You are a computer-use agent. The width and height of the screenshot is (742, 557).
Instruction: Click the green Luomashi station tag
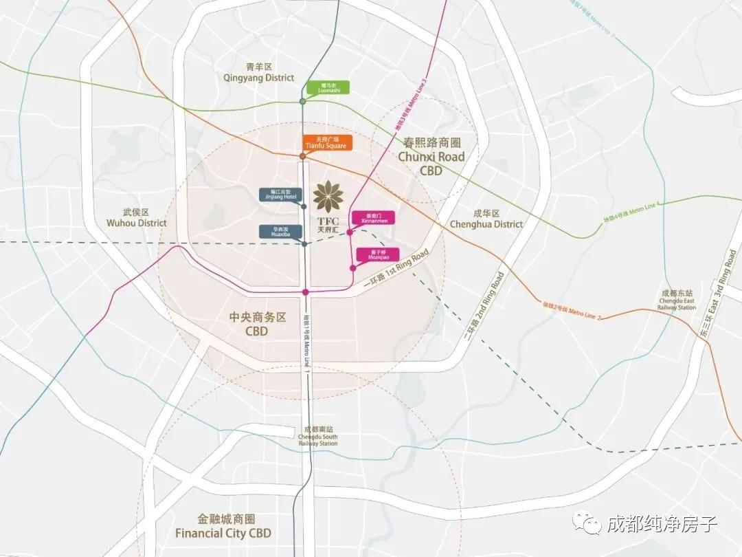326,87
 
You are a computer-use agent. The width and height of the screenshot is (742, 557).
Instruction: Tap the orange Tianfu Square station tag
328,143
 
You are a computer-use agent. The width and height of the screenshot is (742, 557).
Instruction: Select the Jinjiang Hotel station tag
279,195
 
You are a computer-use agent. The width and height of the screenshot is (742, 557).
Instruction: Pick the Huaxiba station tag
279,232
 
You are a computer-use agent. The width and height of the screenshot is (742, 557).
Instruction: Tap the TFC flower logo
328,196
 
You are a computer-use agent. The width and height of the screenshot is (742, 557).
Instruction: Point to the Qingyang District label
259,73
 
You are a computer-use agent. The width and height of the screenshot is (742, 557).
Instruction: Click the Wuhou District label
137,218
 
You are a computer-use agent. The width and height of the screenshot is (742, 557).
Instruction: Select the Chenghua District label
486,219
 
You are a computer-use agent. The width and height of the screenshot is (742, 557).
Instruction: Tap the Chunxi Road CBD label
431,157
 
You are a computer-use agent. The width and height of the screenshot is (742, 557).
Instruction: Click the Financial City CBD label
223,526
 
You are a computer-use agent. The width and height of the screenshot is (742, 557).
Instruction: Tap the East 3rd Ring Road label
718,292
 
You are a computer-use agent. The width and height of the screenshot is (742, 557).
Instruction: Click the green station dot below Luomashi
303,102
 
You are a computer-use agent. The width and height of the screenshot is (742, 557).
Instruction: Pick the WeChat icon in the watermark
589,524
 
